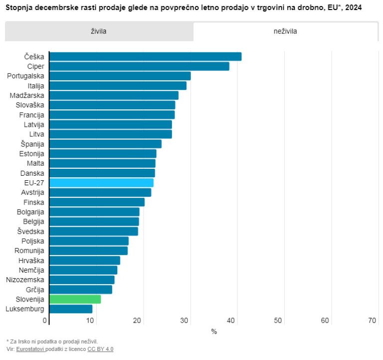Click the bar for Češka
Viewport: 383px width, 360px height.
[x=145, y=56]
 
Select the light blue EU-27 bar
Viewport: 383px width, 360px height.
[x=101, y=183]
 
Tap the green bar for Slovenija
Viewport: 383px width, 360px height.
[x=75, y=299]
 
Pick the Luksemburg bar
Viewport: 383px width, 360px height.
[x=71, y=309]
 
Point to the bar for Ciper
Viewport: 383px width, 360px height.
[x=139, y=66]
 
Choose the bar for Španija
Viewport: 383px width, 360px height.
[x=105, y=144]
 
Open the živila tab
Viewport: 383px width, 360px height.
[x=99, y=31]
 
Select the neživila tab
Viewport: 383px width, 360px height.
[x=285, y=31]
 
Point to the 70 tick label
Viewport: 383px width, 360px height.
[x=372, y=321]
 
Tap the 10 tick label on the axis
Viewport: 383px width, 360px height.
[x=92, y=321]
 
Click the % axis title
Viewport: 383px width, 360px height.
[x=214, y=332]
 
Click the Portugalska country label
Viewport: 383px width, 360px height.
[x=25, y=76]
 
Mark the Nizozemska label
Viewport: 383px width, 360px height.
[x=25, y=280]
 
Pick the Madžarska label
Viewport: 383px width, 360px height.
[x=27, y=95]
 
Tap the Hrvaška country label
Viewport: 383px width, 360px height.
[x=31, y=261]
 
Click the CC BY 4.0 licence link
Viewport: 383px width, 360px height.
[x=100, y=349]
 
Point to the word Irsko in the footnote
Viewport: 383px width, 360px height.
[x=24, y=341]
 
